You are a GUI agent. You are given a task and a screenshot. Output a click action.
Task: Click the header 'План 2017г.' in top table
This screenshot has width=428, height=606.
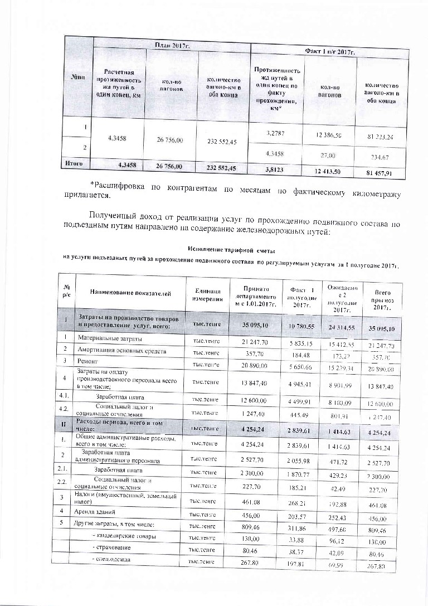tap(172, 45)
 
